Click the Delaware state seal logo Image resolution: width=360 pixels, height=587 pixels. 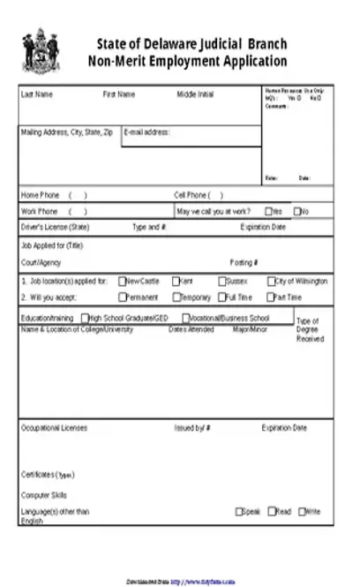pyautogui.click(x=41, y=52)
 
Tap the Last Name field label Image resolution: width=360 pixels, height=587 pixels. pyautogui.click(x=37, y=94)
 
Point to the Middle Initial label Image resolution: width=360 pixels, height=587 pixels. pyautogui.click(x=195, y=94)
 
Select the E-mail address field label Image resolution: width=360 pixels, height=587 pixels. pyautogui.click(x=146, y=132)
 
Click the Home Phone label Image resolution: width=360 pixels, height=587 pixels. pyautogui.click(x=39, y=195)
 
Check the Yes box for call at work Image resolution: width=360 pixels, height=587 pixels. pyautogui.click(x=268, y=212)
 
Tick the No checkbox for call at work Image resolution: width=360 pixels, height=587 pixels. pyautogui.click(x=297, y=212)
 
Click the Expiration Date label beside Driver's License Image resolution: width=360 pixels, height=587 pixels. pyautogui.click(x=263, y=227)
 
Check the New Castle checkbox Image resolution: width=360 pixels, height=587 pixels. pyautogui.click(x=122, y=282)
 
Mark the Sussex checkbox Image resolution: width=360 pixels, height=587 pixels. pyautogui.click(x=221, y=282)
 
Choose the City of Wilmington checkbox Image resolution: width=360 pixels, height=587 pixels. pyautogui.click(x=271, y=282)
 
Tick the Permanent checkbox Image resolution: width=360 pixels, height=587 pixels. pyautogui.click(x=122, y=297)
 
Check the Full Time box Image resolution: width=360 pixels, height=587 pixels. pyautogui.click(x=221, y=297)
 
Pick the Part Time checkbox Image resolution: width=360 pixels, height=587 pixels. pyautogui.click(x=271, y=297)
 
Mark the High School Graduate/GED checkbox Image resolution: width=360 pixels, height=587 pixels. pyautogui.click(x=85, y=318)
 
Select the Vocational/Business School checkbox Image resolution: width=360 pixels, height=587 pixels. pyautogui.click(x=185, y=318)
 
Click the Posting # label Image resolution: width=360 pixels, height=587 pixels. pyautogui.click(x=244, y=262)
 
